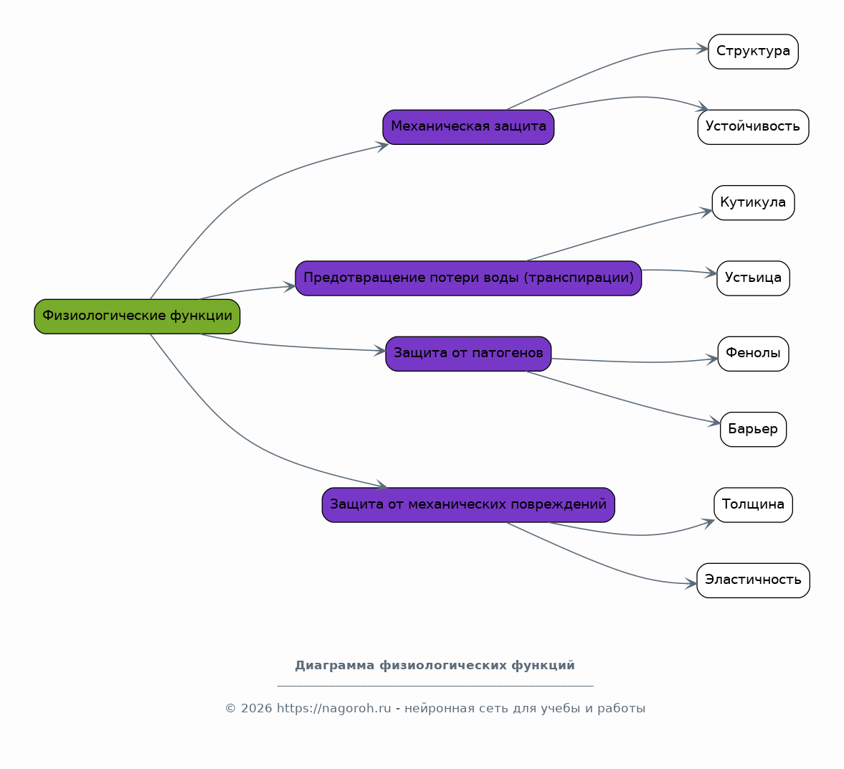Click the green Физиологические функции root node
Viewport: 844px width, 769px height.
tap(137, 316)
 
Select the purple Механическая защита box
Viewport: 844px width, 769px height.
tap(468, 127)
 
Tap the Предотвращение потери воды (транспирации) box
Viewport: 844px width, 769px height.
tap(468, 278)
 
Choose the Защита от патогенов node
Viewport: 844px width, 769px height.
tap(468, 354)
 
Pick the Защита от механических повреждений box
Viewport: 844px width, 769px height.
tap(468, 505)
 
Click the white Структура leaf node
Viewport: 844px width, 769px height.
tap(753, 52)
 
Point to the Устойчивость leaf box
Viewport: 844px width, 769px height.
tap(753, 127)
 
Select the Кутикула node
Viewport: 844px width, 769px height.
tap(753, 203)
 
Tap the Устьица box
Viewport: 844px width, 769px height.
tap(753, 278)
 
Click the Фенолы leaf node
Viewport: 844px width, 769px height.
tap(753, 354)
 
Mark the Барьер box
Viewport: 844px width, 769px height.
tap(753, 429)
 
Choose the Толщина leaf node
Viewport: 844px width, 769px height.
tap(753, 505)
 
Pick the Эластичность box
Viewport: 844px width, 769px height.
tap(753, 580)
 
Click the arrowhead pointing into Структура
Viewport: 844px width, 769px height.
tap(703, 49)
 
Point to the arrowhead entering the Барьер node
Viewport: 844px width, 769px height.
tap(714, 423)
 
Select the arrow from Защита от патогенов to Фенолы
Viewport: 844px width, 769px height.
tap(635, 362)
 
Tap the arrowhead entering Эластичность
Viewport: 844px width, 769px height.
tap(691, 583)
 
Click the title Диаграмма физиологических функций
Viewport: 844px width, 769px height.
tap(435, 666)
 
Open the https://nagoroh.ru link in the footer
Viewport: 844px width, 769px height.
tap(333, 709)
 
